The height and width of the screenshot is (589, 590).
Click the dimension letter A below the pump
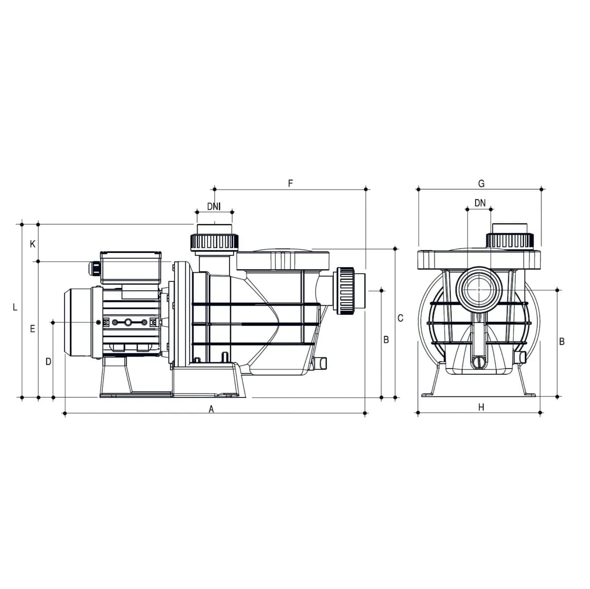coord(211,409)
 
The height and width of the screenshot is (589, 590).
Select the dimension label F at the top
coord(290,183)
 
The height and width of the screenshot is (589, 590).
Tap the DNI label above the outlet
coord(214,206)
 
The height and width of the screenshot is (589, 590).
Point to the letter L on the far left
coord(15,307)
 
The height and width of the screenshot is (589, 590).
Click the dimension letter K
coord(32,244)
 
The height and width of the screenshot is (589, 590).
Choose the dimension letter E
coord(32,329)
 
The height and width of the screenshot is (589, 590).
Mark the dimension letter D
coord(48,362)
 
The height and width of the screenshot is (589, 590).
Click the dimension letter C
coord(400,318)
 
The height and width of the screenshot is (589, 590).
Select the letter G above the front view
coord(481,184)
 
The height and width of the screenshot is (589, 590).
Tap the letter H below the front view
coord(481,407)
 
